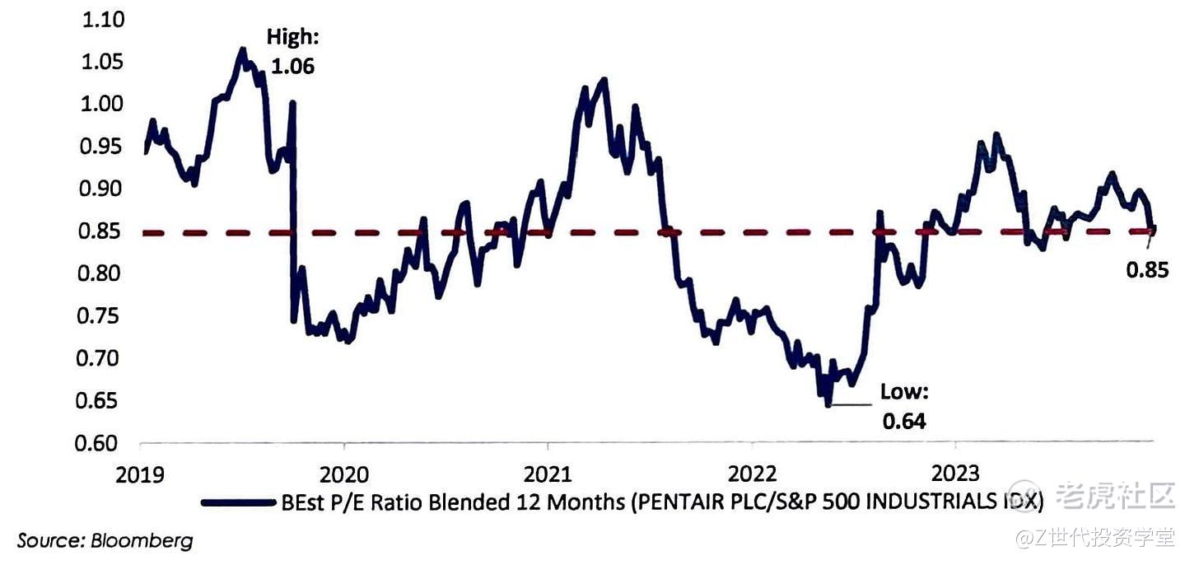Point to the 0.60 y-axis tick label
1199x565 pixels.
tap(101, 443)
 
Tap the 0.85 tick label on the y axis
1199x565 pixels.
tap(101, 231)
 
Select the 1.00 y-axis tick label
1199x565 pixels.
tap(101, 104)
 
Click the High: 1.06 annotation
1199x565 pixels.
tap(292, 52)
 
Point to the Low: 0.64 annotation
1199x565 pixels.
tap(903, 406)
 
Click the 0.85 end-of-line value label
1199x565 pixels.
tap(1146, 269)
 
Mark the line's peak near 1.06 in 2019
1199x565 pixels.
tap(242, 49)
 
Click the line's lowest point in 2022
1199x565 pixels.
tap(826, 404)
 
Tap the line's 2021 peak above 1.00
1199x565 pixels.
tap(604, 80)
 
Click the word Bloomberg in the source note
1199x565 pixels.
tap(142, 541)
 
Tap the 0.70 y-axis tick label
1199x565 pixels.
tap(101, 358)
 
